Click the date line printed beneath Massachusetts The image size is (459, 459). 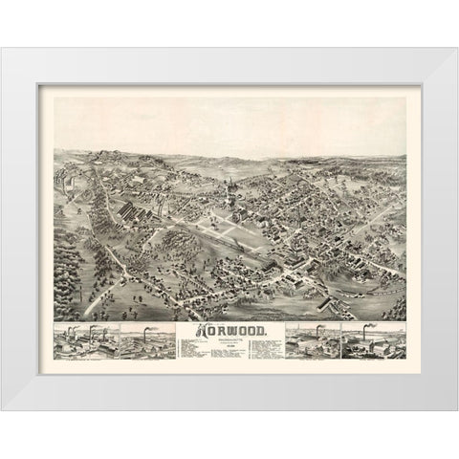(229, 346)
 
